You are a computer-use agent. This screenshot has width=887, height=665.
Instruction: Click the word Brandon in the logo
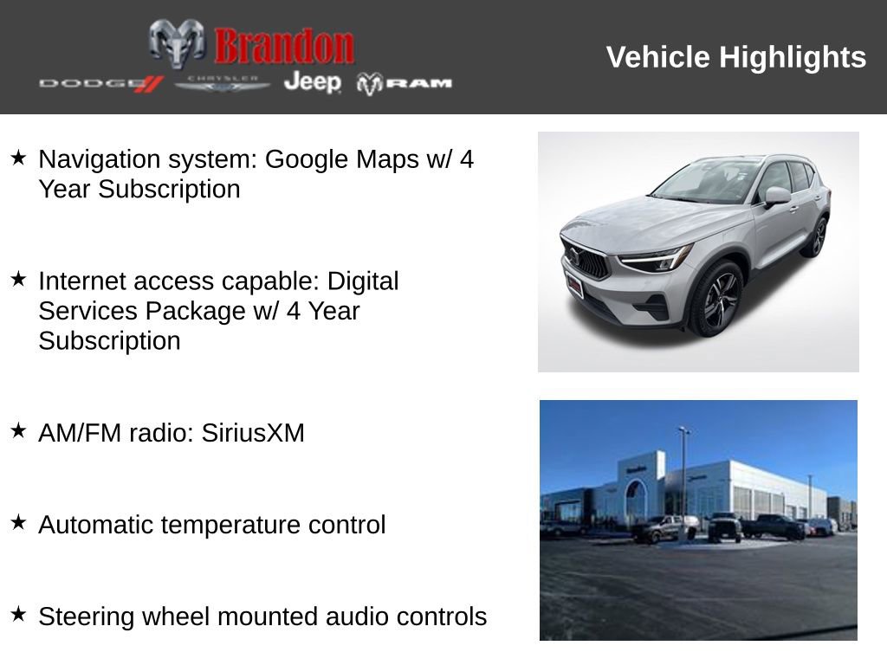click(284, 46)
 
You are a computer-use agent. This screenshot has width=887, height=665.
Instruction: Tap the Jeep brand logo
click(312, 82)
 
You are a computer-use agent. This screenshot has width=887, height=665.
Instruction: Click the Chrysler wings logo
click(223, 83)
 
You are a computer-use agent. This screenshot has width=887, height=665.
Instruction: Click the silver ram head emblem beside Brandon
click(177, 43)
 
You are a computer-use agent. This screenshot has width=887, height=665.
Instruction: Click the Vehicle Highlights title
click(735, 57)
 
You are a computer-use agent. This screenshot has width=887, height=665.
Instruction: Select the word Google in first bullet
click(305, 159)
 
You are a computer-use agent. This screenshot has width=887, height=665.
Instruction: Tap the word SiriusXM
click(253, 433)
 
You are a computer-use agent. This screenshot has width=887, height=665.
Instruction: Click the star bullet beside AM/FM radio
click(18, 430)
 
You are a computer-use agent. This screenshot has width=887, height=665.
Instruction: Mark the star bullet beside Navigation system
click(18, 158)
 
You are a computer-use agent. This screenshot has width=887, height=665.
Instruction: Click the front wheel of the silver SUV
click(716, 300)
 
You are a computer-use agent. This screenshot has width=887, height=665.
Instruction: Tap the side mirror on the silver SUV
click(777, 197)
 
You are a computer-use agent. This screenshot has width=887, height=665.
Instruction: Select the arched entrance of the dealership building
click(637, 502)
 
